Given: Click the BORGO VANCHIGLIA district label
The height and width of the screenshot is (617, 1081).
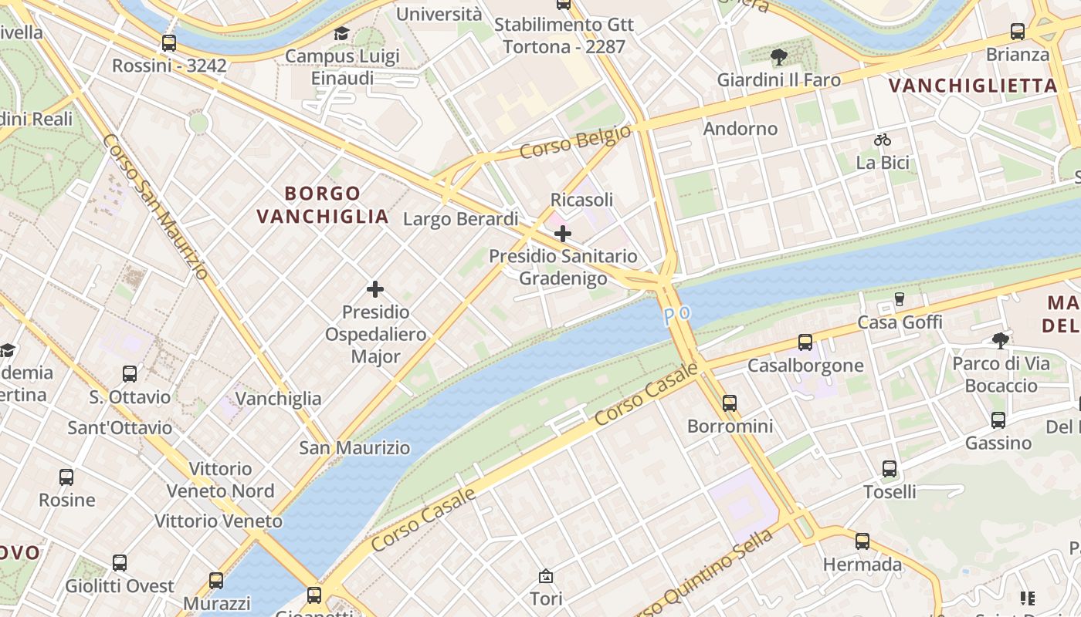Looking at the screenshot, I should (323, 204).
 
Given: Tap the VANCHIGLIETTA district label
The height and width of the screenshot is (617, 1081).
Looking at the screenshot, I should (972, 86).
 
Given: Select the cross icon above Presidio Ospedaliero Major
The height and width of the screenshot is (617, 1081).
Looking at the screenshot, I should (375, 289).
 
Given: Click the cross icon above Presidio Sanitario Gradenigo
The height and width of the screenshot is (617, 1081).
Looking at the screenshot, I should (563, 233).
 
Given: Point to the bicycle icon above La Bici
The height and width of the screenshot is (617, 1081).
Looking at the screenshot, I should (883, 140).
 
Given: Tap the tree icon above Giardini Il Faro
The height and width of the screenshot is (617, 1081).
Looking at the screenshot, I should (778, 56).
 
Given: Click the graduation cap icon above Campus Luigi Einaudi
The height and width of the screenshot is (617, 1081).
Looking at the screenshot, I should (341, 33).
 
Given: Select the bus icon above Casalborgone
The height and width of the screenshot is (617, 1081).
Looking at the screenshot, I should (805, 342).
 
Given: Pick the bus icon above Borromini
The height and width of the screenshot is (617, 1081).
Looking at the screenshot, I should (730, 403).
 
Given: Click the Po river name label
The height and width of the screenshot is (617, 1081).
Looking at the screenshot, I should (676, 315).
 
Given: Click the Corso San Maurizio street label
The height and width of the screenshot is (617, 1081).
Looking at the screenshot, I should (154, 207).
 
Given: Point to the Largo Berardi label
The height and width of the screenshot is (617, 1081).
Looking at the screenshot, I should (460, 219).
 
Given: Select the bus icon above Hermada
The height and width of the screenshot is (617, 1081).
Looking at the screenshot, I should (862, 541).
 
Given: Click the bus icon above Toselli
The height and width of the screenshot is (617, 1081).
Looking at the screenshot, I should (890, 468).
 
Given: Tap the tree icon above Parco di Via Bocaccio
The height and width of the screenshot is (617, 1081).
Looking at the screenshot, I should (1000, 340).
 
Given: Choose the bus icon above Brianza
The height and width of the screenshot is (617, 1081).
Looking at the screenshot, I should (1018, 32).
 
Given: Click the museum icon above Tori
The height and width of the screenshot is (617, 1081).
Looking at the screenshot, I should (546, 575).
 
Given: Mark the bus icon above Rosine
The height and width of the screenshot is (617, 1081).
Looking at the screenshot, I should (66, 477).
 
